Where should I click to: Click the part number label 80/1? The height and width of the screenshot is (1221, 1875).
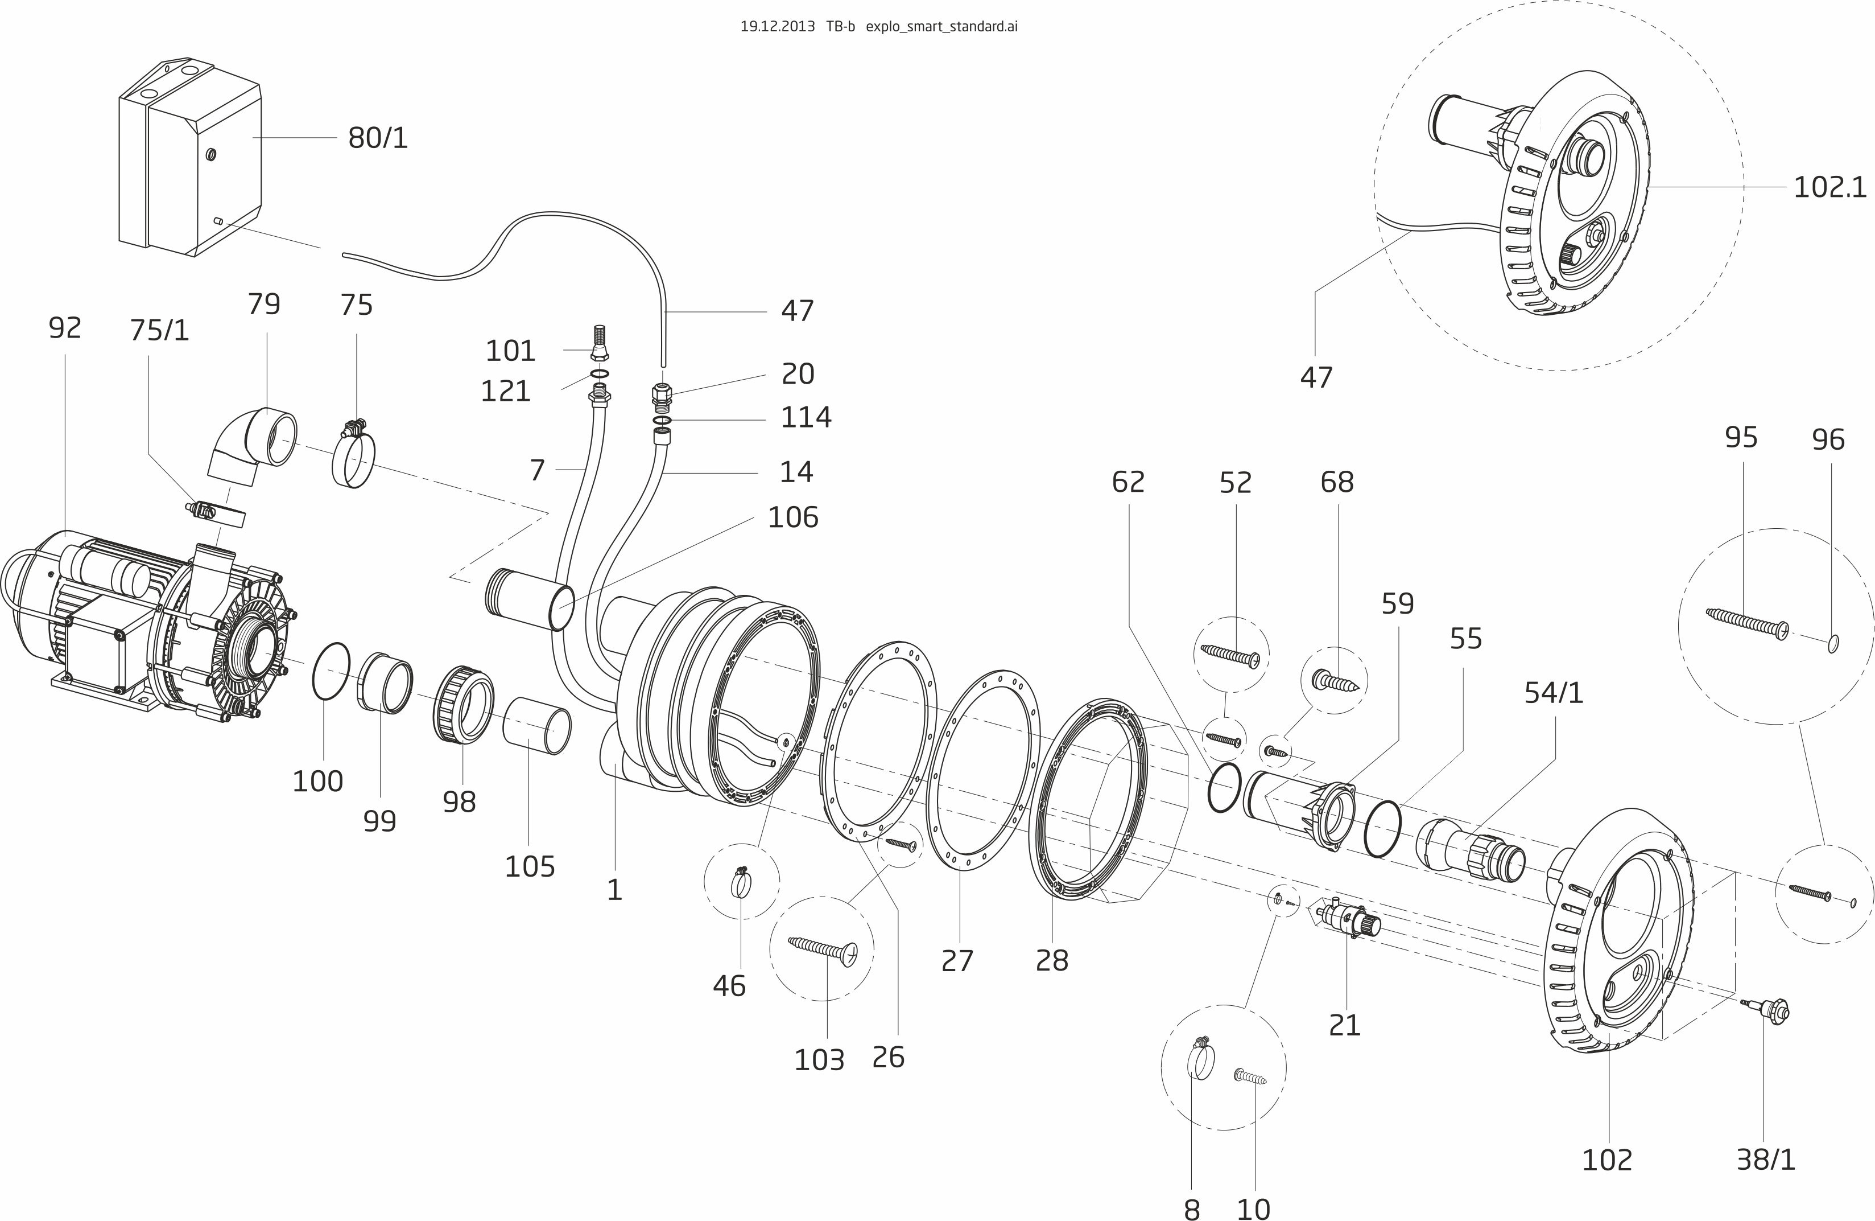click(x=378, y=138)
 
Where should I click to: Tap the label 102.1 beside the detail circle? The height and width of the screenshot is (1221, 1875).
click(x=1829, y=188)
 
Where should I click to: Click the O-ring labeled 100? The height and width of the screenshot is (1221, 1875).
click(x=331, y=671)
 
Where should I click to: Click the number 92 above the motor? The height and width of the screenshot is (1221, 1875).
click(x=65, y=328)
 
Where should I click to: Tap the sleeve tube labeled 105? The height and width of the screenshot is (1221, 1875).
click(x=537, y=726)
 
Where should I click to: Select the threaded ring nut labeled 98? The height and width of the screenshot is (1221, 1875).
click(x=463, y=705)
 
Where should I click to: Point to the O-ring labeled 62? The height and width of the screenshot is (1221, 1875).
click(x=1224, y=788)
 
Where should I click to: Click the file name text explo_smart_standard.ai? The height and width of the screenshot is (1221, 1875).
click(x=941, y=27)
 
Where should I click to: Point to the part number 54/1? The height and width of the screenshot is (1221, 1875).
click(x=1554, y=693)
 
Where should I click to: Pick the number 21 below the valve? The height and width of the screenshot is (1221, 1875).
click(x=1344, y=1026)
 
